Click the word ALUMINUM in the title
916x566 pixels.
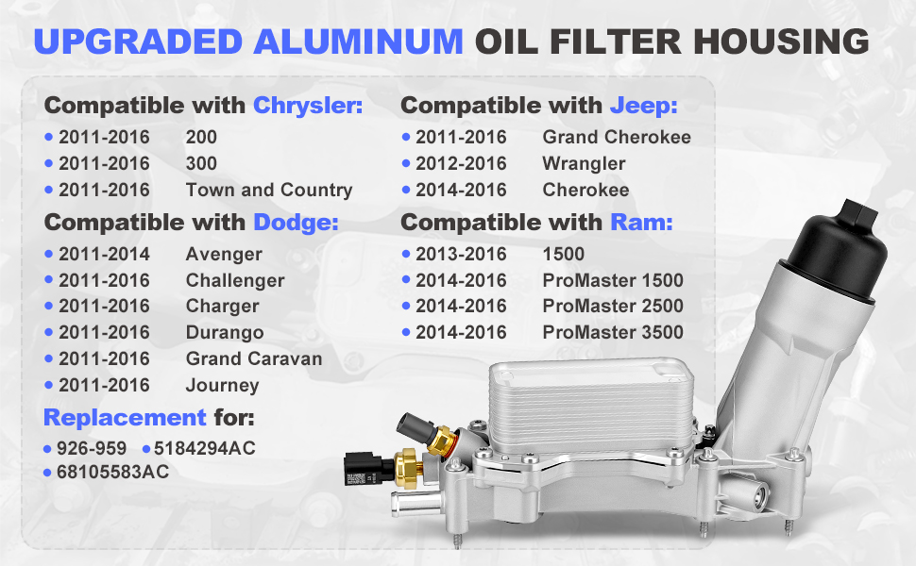(358, 42)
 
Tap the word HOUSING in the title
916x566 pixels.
(781, 42)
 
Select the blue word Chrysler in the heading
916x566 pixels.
(308, 106)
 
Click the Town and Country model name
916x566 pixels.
(269, 191)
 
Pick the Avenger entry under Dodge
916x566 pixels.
(224, 255)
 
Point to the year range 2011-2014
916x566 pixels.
(104, 254)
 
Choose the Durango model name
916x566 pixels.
(225, 333)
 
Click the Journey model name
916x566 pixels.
(223, 386)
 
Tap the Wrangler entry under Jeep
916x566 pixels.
(584, 164)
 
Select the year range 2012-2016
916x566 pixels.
(461, 163)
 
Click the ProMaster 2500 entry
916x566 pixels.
(613, 306)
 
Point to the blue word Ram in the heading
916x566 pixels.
(641, 223)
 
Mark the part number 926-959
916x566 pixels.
(92, 448)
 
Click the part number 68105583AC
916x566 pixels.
(112, 472)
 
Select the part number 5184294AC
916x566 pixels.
(205, 448)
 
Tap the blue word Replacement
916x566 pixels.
(125, 418)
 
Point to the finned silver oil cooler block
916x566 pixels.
(592, 403)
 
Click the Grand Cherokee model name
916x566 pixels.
(617, 137)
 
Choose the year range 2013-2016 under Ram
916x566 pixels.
(461, 254)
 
